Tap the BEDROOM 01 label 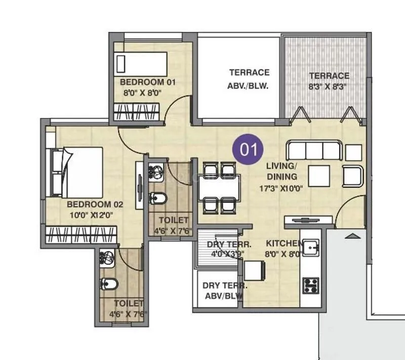pos(148,82)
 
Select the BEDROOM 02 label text pos(95,205)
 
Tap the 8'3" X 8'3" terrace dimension pos(329,86)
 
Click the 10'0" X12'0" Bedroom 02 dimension pos(91,215)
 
